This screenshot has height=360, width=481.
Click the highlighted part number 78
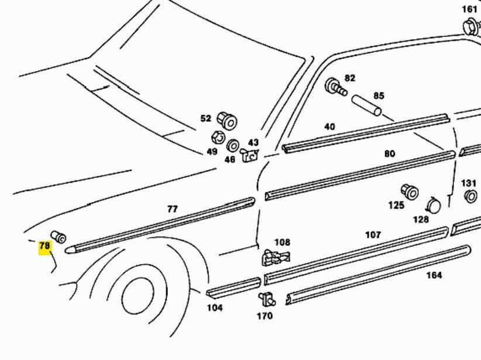pos(44,246)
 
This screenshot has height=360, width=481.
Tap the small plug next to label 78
pos(59,236)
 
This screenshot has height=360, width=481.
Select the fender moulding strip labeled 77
pos(164,224)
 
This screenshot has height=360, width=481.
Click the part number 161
pos(469,9)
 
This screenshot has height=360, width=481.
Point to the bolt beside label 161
pos(470,26)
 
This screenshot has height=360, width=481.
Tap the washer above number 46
pos(232,145)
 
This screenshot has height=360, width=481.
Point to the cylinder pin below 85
pos(366,105)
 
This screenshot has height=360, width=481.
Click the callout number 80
pos(390,154)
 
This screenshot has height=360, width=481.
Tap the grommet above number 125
pos(410,191)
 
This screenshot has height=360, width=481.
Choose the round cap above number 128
pos(434,205)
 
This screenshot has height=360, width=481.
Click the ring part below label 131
pos(470,197)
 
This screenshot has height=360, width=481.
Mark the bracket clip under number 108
pos(275,256)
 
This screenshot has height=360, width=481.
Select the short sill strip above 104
pos(233,287)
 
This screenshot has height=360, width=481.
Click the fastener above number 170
pos(267,298)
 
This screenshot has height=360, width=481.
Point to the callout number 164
pos(434,275)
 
